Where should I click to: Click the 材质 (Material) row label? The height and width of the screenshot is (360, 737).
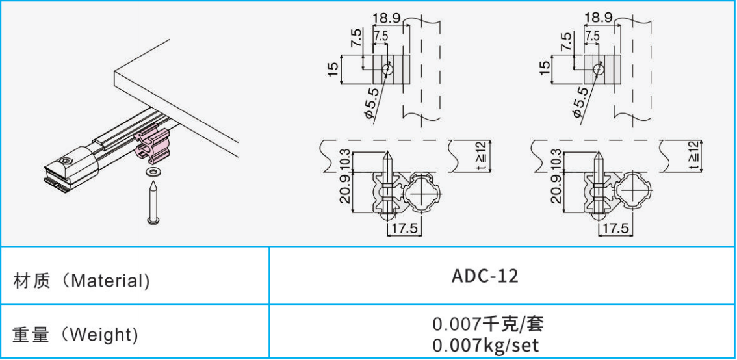point(81,281)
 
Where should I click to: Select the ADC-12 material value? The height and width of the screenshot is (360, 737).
point(485,276)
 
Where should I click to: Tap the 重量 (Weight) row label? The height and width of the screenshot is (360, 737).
point(75,335)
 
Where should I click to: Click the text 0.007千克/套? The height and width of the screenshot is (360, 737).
point(485,323)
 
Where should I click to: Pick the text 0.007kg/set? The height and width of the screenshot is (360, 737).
point(485,344)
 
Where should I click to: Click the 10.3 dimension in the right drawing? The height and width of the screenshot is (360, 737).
point(556,159)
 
